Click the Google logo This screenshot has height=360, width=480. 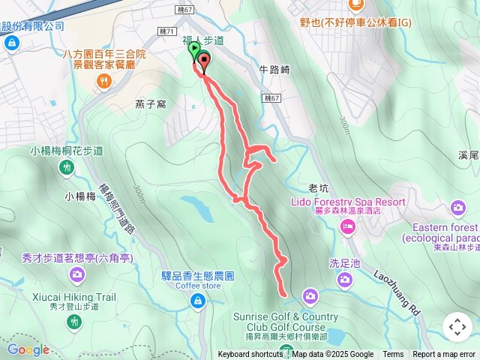point(28,349)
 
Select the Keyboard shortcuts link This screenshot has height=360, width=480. point(250,355)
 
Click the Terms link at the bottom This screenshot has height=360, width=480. point(393,355)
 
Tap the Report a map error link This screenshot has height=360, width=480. point(444,355)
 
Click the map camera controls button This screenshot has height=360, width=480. point(457,327)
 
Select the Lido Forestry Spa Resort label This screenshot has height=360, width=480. point(348,202)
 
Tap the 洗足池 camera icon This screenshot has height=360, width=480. point(344,280)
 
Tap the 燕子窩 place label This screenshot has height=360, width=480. point(150,104)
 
